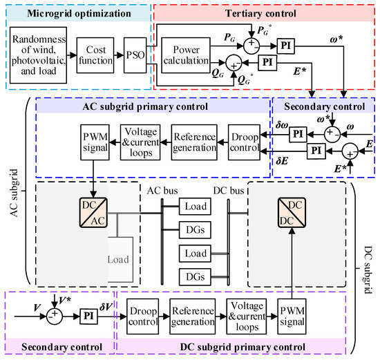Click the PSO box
click(x=135, y=51)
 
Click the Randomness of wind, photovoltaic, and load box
click(x=41, y=51)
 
